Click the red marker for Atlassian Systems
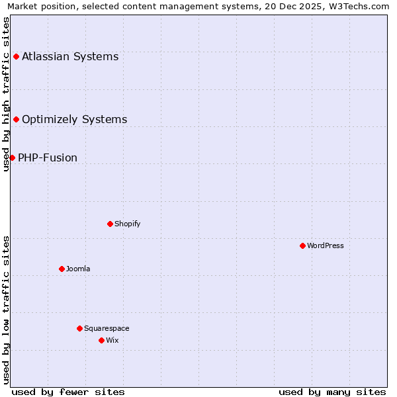16,56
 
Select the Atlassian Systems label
70,56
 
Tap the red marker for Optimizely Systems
16,119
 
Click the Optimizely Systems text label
74,120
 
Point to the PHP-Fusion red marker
12,157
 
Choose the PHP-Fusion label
48,157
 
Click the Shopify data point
110,224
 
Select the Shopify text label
127,224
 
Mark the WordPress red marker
302,245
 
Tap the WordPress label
326,245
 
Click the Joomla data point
62,269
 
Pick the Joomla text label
78,269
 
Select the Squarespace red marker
79,328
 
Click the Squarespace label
107,328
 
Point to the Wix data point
101,340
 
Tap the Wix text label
112,340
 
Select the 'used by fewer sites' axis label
68,392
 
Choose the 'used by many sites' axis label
332,392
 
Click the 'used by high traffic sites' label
6,94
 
